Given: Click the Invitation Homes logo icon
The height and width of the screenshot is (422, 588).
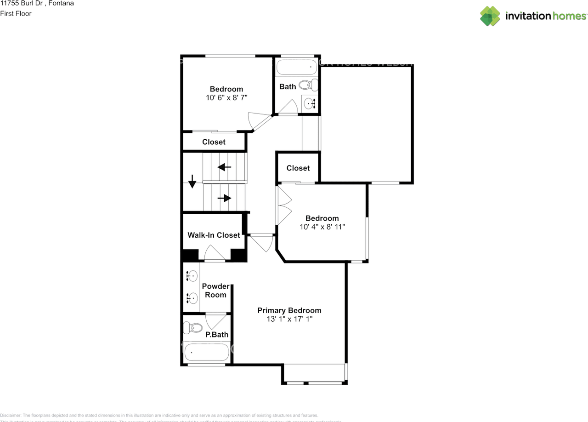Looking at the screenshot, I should [x=490, y=16].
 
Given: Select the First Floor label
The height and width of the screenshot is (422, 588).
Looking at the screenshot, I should [x=16, y=14].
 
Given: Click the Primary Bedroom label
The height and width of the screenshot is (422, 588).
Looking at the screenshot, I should [x=289, y=310].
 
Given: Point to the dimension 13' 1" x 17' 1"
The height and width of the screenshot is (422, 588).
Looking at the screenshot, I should [x=289, y=319].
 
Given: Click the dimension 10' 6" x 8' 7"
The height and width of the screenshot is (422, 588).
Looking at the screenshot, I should [x=226, y=97].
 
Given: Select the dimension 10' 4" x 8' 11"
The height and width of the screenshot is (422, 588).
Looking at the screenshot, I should [x=322, y=227].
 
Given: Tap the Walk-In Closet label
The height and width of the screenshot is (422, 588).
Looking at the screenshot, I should [x=214, y=235].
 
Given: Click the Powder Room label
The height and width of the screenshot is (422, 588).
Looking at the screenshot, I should [x=215, y=291].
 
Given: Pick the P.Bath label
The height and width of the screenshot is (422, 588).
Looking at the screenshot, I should [x=217, y=335].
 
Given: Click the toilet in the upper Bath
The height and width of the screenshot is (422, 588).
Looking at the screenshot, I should [x=308, y=85].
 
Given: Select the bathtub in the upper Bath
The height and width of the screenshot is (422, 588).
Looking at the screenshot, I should [x=297, y=68].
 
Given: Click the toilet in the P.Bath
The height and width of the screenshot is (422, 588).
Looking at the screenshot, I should [x=193, y=328].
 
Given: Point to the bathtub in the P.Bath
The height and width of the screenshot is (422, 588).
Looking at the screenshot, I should [x=206, y=354].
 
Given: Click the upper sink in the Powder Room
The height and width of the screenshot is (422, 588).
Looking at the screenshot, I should [x=192, y=276].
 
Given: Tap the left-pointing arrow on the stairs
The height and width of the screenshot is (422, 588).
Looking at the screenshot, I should [x=224, y=167].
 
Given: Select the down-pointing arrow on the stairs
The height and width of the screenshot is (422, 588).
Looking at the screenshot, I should [x=192, y=182].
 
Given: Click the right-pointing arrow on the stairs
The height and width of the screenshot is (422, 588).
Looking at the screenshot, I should [x=224, y=198].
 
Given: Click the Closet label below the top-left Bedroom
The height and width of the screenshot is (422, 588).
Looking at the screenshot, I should [x=214, y=142].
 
